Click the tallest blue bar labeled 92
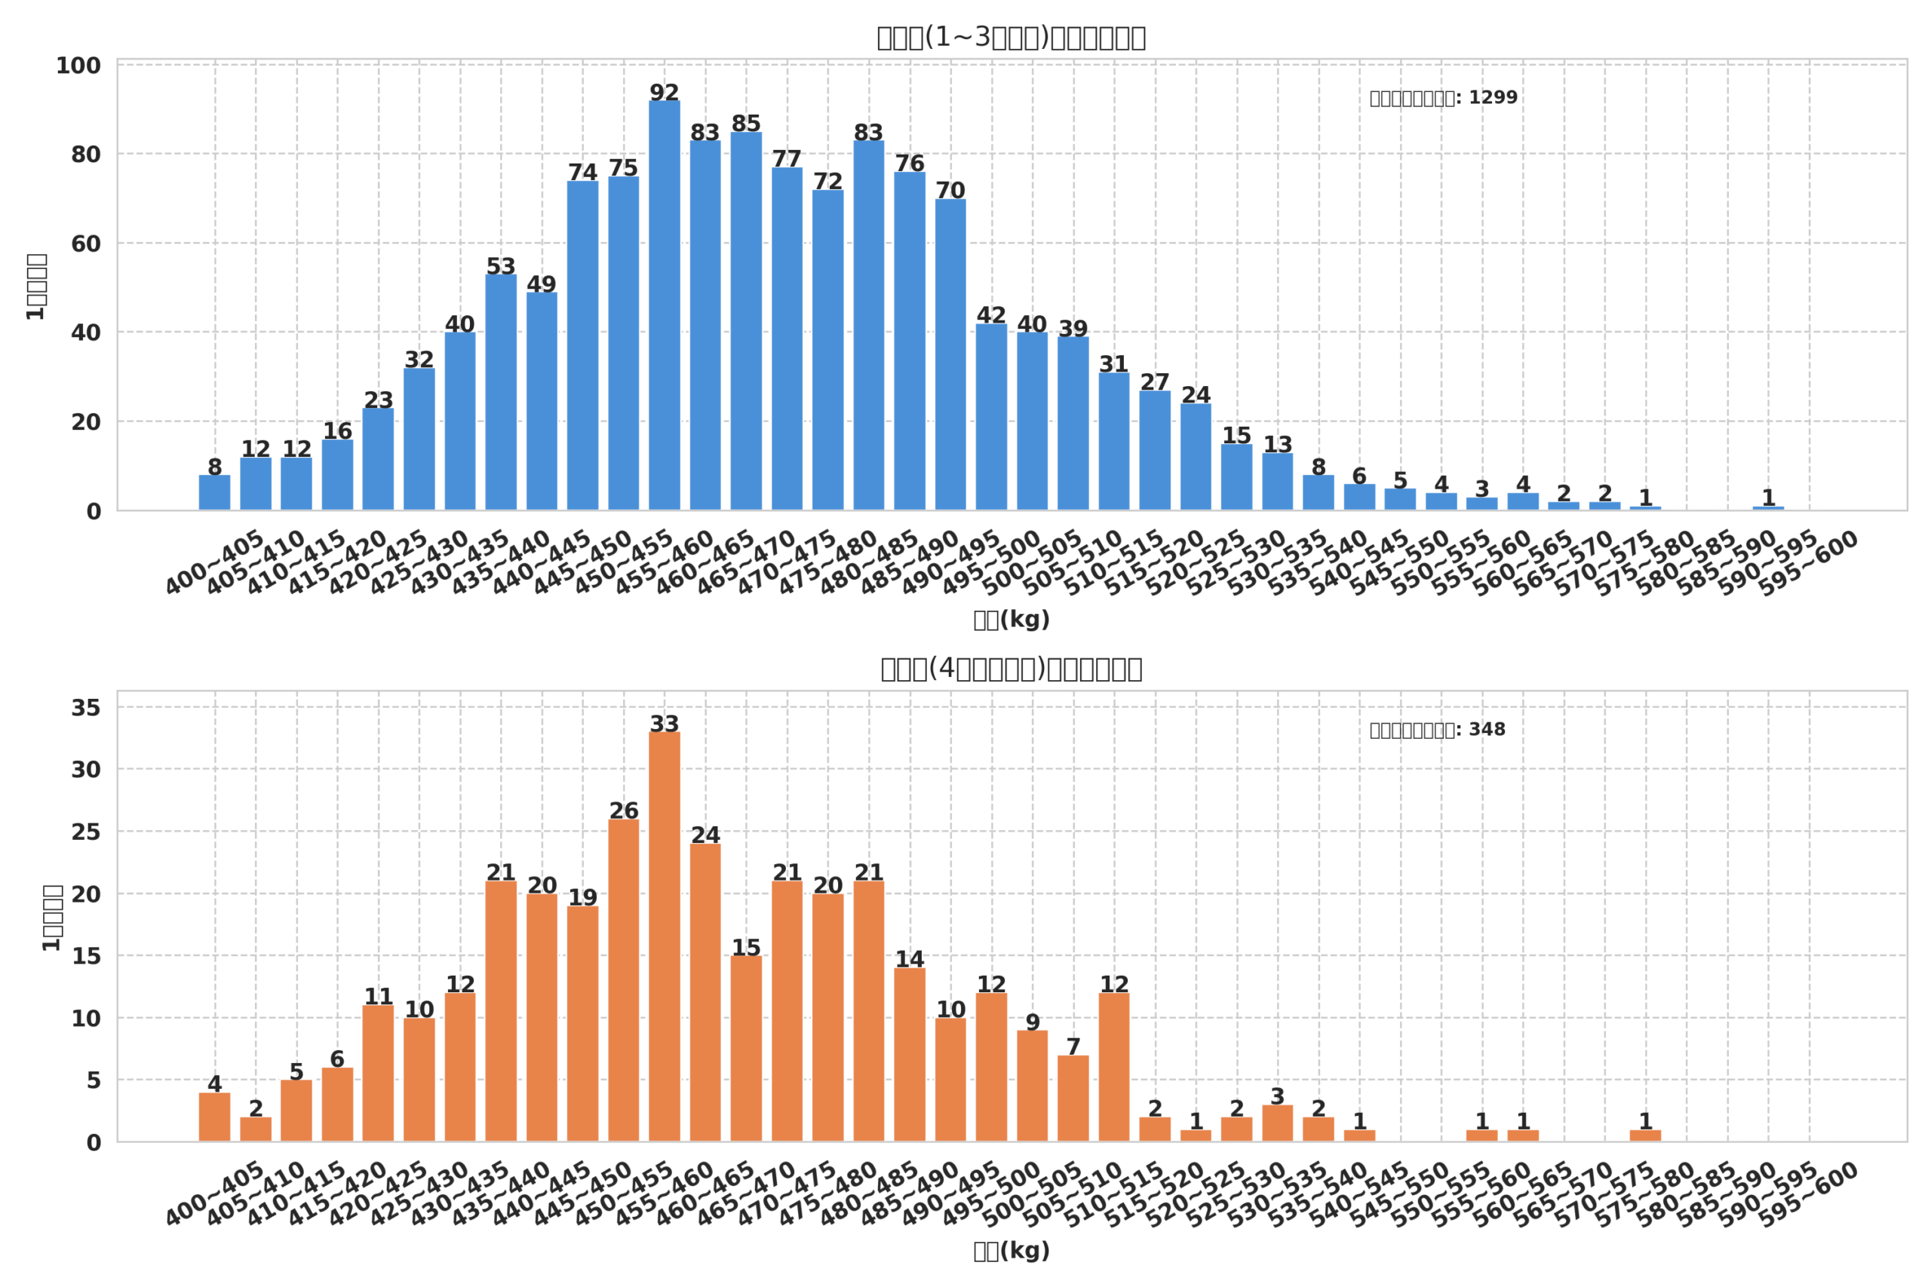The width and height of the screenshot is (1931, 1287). [x=665, y=305]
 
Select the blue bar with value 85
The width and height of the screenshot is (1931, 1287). [x=745, y=321]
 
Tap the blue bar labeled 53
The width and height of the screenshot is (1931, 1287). [x=501, y=392]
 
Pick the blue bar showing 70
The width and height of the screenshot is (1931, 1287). [x=950, y=354]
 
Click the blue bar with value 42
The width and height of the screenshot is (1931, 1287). [x=991, y=417]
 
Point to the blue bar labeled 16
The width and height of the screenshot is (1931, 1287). [x=337, y=474]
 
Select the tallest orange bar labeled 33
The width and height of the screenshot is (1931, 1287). [x=665, y=936]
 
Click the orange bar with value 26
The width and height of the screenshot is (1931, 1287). [x=623, y=980]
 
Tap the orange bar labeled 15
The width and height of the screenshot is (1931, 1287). [x=745, y=1048]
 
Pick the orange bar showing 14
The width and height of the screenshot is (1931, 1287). [x=909, y=1055]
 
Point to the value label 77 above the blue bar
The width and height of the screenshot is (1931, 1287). [x=787, y=158]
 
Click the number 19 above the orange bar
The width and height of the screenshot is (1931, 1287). [x=582, y=897]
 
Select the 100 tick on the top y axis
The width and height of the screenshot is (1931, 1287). [x=78, y=66]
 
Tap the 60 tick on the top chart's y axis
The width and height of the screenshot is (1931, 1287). [x=85, y=244]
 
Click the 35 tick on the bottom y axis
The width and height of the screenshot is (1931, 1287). [x=85, y=707]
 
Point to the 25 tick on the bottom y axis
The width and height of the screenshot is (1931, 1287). [x=85, y=832]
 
